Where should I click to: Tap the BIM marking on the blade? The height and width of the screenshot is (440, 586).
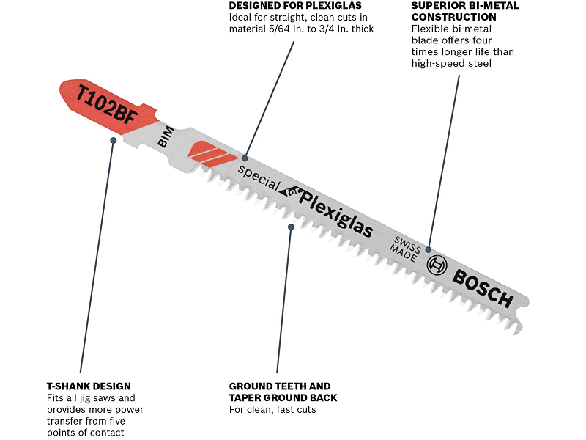(165, 136)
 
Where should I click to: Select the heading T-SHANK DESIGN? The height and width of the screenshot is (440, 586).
(89, 386)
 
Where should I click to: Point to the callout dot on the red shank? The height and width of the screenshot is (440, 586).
(113, 139)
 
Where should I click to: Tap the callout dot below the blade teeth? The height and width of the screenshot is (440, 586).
(291, 227)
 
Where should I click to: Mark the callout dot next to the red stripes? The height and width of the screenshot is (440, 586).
(245, 158)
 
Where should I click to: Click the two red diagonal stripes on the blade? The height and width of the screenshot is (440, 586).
(209, 152)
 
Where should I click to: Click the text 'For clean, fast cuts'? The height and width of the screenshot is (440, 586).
(272, 409)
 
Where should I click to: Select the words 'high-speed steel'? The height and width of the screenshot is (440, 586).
(450, 64)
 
